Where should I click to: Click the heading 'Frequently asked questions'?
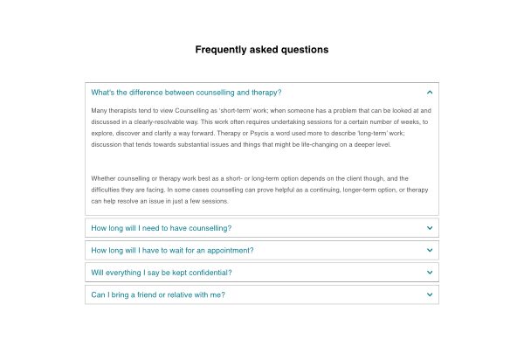tap(262, 50)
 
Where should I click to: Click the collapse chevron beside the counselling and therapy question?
tap(430, 92)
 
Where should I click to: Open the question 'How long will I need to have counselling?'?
tap(162, 228)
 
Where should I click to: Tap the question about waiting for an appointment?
tap(172, 250)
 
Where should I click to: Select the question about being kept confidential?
tap(162, 273)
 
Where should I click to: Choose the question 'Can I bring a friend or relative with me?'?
tap(158, 294)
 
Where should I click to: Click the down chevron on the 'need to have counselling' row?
tap(430, 228)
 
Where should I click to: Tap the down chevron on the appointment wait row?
tap(430, 250)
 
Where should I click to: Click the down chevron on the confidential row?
tap(430, 273)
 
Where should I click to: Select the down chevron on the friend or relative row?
tap(430, 294)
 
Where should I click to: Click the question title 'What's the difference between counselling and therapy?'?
tap(186, 92)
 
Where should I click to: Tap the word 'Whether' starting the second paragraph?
tap(103, 178)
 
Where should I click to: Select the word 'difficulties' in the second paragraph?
tap(109, 190)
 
